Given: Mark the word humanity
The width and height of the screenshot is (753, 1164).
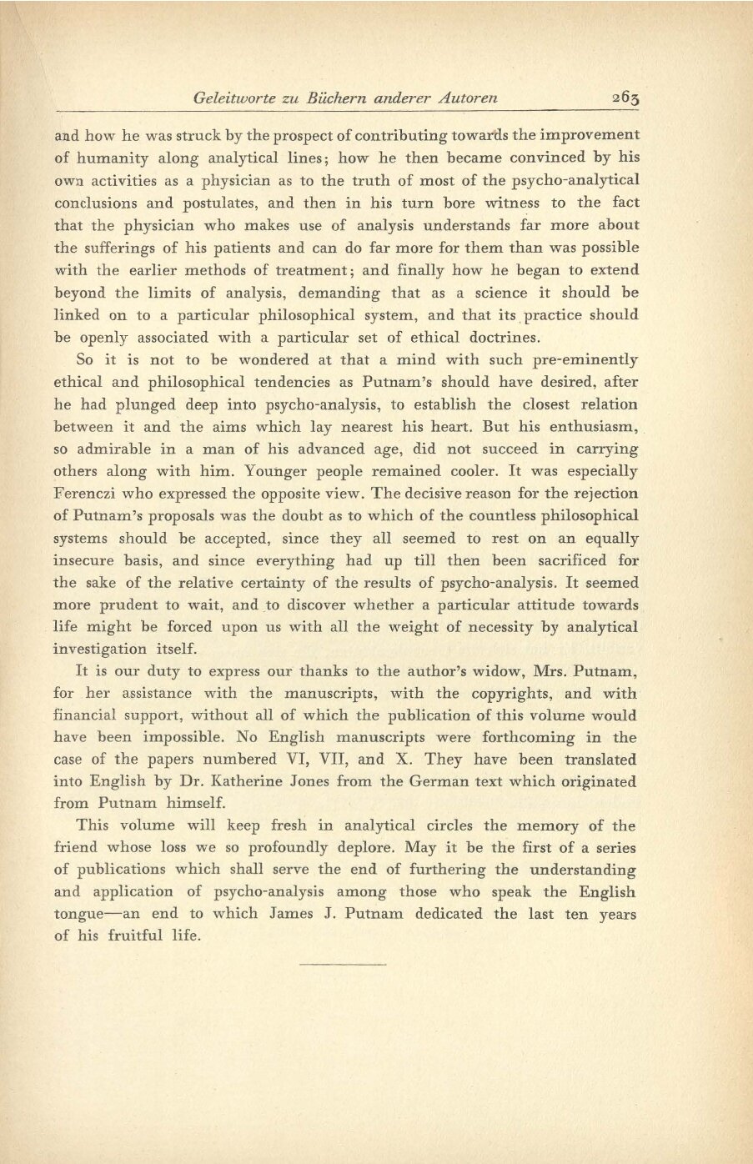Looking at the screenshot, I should coord(110,158).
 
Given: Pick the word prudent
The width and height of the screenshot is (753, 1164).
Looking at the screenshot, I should coord(132,605).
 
